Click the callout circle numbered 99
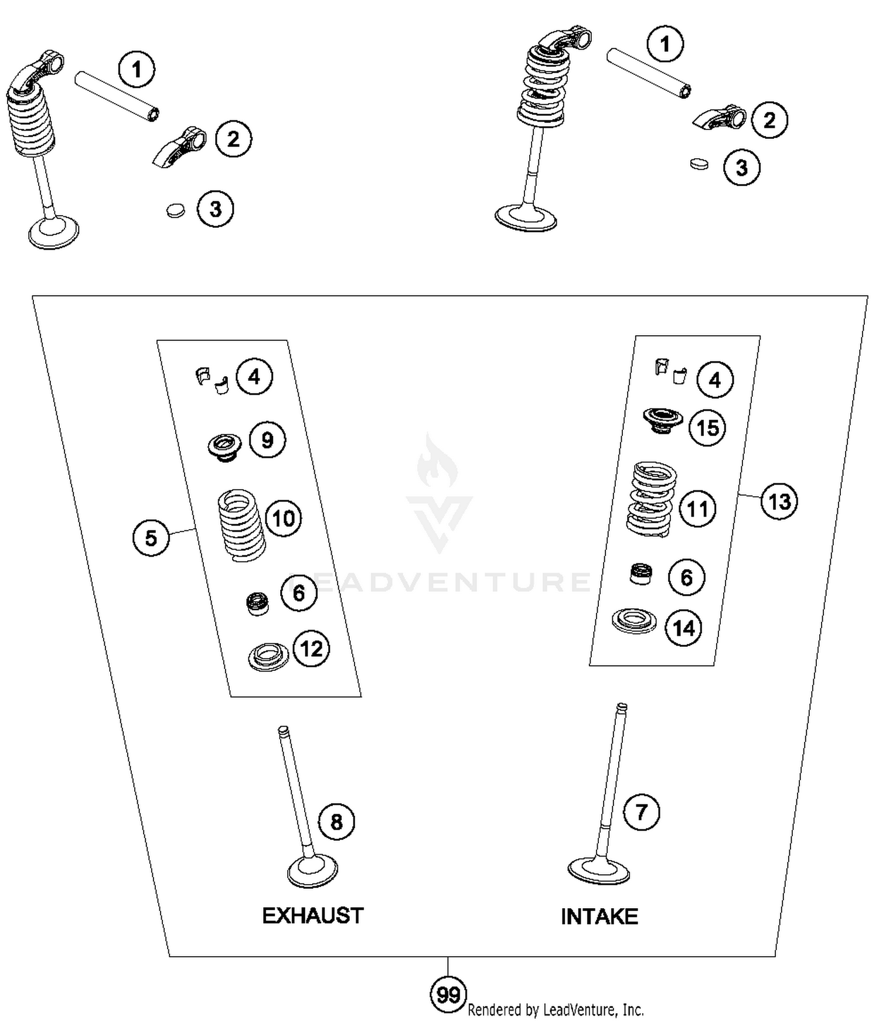448,994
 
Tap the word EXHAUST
312,915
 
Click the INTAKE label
599,916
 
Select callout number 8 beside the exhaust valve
336,821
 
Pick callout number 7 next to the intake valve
641,812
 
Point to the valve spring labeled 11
651,500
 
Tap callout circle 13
779,502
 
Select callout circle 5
151,538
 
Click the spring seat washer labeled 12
269,657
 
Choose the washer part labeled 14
633,621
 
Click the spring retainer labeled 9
225,447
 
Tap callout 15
707,428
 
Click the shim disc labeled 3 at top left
175,210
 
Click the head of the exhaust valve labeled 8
313,872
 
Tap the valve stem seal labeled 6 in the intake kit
640,574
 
